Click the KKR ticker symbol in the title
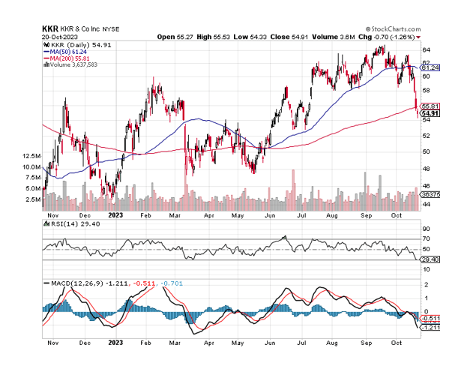pos(51,28)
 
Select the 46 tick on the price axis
pos(425,185)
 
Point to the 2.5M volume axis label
pos(32,200)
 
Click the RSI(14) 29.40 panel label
pos(71,223)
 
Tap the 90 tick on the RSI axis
pos(425,229)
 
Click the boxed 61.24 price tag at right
pos(430,67)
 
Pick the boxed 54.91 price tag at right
pos(430,113)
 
